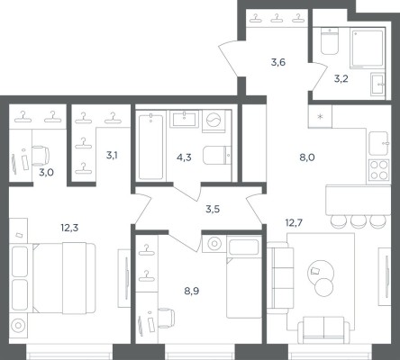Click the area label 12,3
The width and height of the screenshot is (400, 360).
[x=69, y=228]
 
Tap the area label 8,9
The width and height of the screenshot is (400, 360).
[x=192, y=291]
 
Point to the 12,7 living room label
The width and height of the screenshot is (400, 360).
[x=294, y=223]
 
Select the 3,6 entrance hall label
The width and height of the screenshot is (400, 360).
[x=278, y=62]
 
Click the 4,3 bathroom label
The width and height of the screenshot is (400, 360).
[x=184, y=157]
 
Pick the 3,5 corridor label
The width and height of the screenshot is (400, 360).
[x=213, y=209]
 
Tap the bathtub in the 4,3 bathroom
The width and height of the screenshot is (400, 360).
[x=151, y=147]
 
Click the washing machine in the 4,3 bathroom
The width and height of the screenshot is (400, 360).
[x=214, y=121]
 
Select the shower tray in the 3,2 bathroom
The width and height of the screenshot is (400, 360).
[x=367, y=48]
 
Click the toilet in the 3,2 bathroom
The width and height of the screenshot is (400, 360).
[x=330, y=41]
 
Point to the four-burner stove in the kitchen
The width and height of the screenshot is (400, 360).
[x=378, y=170]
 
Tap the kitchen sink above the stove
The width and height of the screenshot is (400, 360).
[x=379, y=143]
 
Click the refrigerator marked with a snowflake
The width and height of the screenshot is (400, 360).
[x=320, y=116]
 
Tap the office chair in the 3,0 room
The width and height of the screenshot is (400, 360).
[x=41, y=156]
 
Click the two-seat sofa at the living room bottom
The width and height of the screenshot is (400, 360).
[x=323, y=330]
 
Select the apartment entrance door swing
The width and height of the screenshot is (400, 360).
[x=230, y=59]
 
